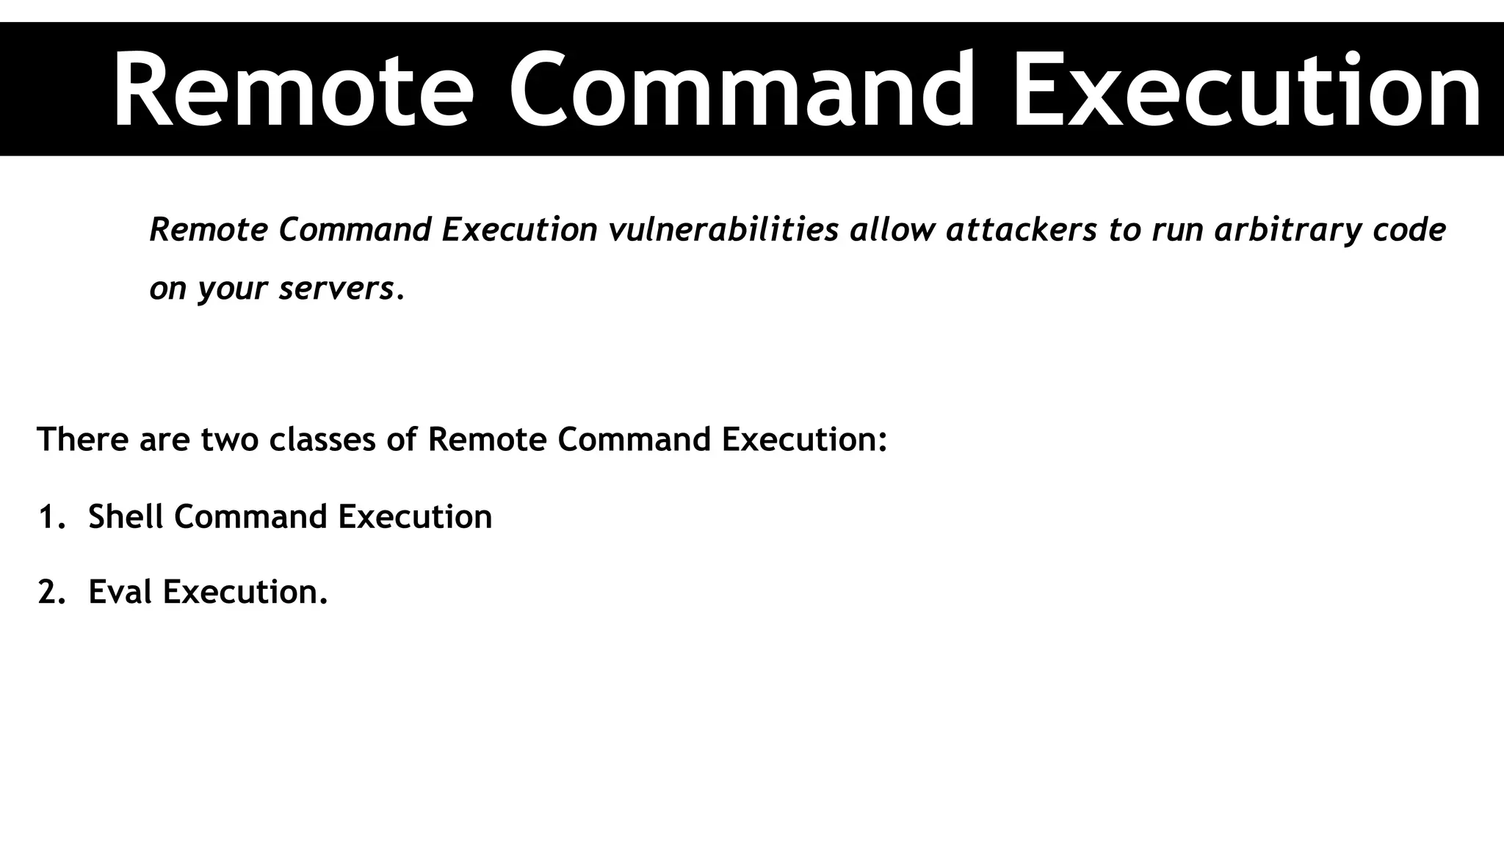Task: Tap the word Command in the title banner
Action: click(742, 91)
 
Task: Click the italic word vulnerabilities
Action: click(723, 230)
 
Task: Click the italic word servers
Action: click(337, 288)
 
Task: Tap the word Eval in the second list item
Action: click(120, 592)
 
